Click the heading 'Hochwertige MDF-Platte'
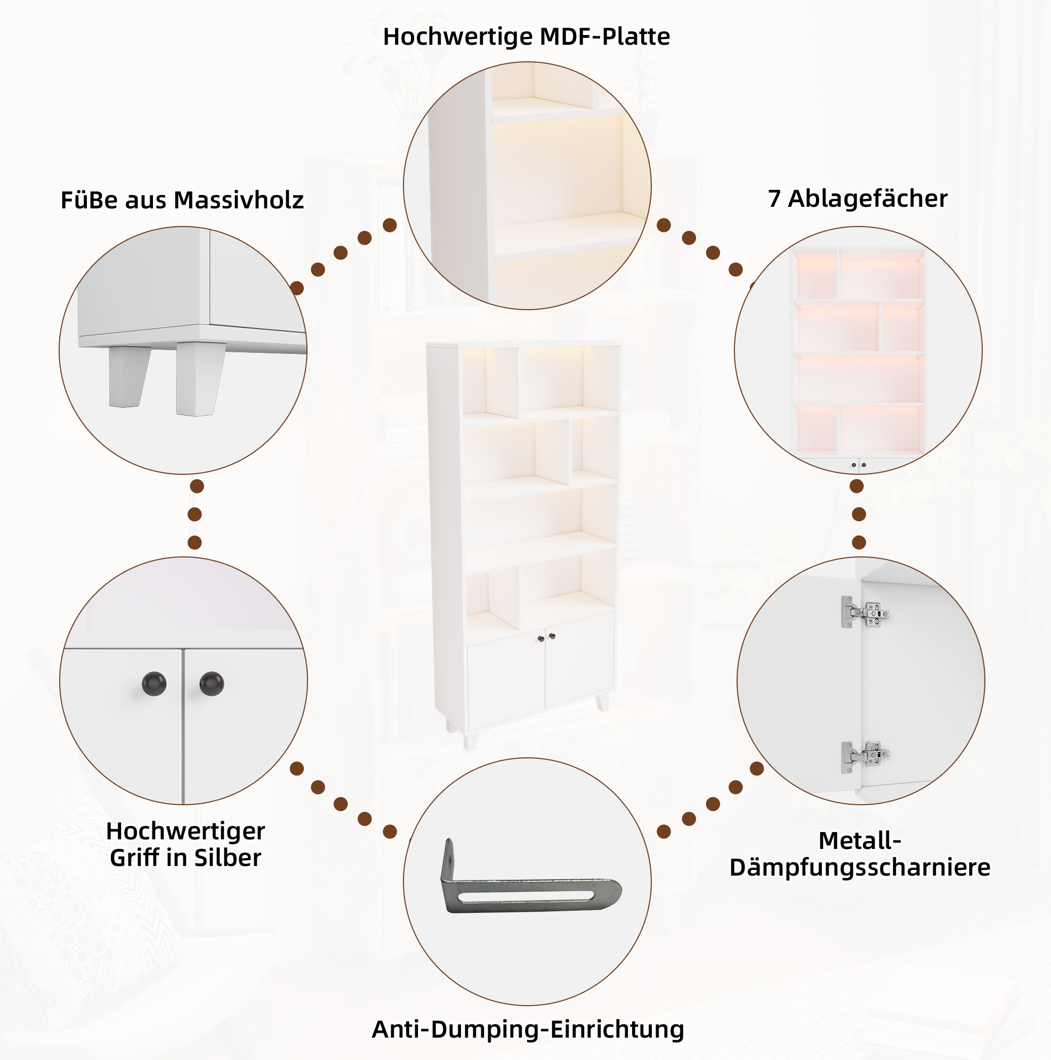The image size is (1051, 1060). click(527, 37)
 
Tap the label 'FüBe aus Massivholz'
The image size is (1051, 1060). click(182, 200)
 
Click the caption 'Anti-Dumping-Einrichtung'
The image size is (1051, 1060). click(528, 1029)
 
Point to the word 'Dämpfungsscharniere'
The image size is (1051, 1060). click(860, 867)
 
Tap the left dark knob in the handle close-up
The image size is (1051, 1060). click(154, 684)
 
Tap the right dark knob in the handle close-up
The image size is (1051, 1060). click(212, 684)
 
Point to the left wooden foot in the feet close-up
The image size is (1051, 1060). click(128, 376)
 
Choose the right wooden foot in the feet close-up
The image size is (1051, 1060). click(200, 379)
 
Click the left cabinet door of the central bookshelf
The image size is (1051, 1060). click(506, 680)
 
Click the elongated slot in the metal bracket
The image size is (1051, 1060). click(527, 896)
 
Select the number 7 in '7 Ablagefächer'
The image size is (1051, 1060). click(774, 198)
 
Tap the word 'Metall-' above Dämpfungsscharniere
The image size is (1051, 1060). click(860, 840)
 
